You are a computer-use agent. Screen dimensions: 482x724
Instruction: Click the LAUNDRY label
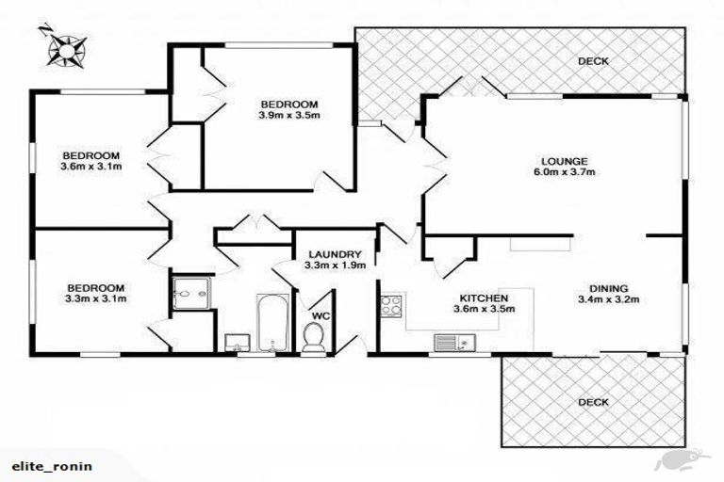point(335,254)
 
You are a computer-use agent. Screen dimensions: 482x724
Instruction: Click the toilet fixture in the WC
point(316,336)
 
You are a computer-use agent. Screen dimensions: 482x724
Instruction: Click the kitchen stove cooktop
point(391,305)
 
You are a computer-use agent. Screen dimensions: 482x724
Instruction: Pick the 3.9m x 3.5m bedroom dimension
point(289,117)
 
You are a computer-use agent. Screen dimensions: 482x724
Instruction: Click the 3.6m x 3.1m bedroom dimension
point(91,168)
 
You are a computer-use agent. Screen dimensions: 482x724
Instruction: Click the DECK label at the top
point(593,62)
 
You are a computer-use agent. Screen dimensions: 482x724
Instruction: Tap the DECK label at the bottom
point(593,402)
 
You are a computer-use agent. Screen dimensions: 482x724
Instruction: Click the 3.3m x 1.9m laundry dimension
point(335,266)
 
